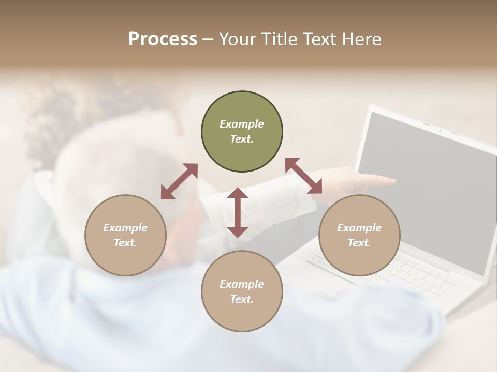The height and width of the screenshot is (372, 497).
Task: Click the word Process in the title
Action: point(163,39)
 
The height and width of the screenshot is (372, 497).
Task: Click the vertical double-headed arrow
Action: point(238,212)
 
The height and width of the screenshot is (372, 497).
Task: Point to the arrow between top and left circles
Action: point(179,181)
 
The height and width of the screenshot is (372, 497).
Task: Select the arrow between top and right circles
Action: point(304,176)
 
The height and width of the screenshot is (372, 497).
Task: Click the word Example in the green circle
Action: point(242,124)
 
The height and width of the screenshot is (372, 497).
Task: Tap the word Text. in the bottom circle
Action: point(242,299)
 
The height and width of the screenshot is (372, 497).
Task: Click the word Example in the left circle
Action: point(125,228)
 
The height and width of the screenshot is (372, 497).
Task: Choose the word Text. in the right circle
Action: point(359,243)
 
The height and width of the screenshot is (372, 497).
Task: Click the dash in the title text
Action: point(208,39)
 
